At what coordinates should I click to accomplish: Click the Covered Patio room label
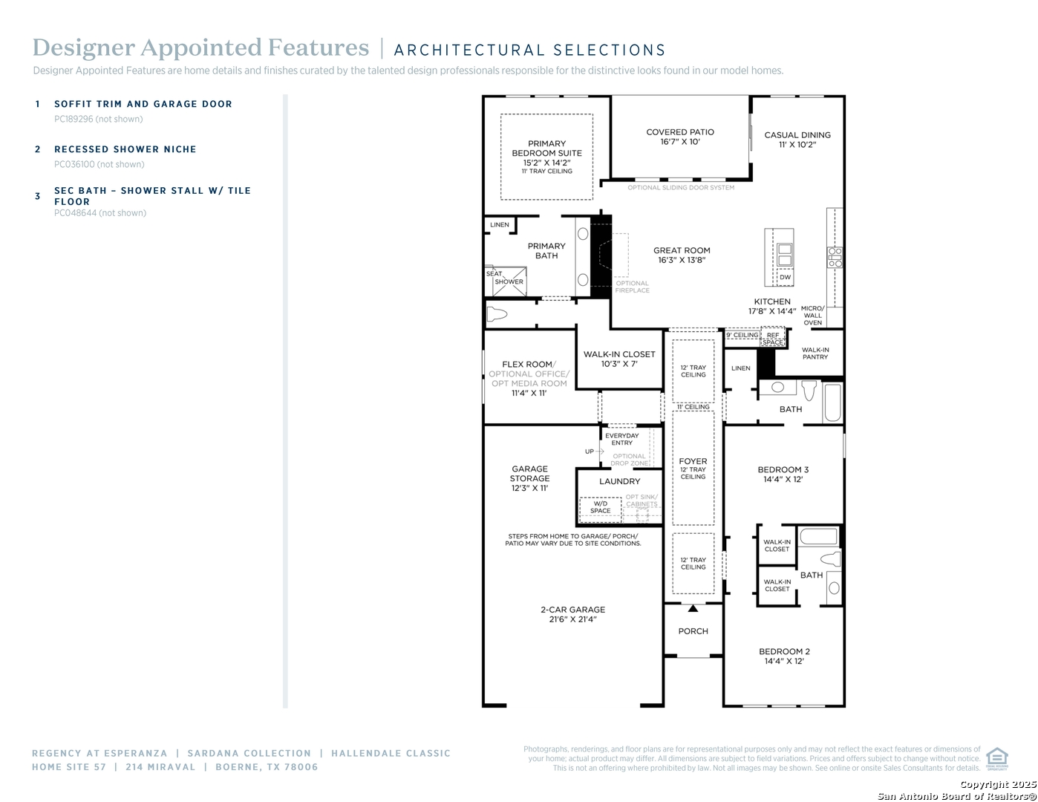point(679,132)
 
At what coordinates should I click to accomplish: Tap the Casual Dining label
point(797,135)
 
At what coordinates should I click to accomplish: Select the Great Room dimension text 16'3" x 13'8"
point(682,261)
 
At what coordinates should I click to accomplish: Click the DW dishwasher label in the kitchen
point(785,278)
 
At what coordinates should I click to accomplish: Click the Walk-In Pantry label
point(815,353)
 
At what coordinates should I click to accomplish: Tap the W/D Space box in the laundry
point(601,508)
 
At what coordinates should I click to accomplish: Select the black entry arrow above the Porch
point(693,608)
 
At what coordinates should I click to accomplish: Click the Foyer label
point(693,461)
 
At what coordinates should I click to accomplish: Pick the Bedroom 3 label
point(783,469)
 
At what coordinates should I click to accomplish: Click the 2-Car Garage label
point(572,610)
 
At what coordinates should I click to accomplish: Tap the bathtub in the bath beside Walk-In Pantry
point(832,402)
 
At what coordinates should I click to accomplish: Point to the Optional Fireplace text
point(632,287)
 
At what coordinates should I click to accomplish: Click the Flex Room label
point(528,365)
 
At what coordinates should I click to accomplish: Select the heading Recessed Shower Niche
point(125,149)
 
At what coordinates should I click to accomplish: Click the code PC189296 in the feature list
point(74,119)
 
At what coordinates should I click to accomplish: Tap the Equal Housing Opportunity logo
point(996,758)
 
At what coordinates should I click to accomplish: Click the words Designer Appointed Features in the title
point(200,48)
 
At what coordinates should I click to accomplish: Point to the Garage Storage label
point(529,478)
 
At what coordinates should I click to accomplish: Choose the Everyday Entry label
point(621,439)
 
